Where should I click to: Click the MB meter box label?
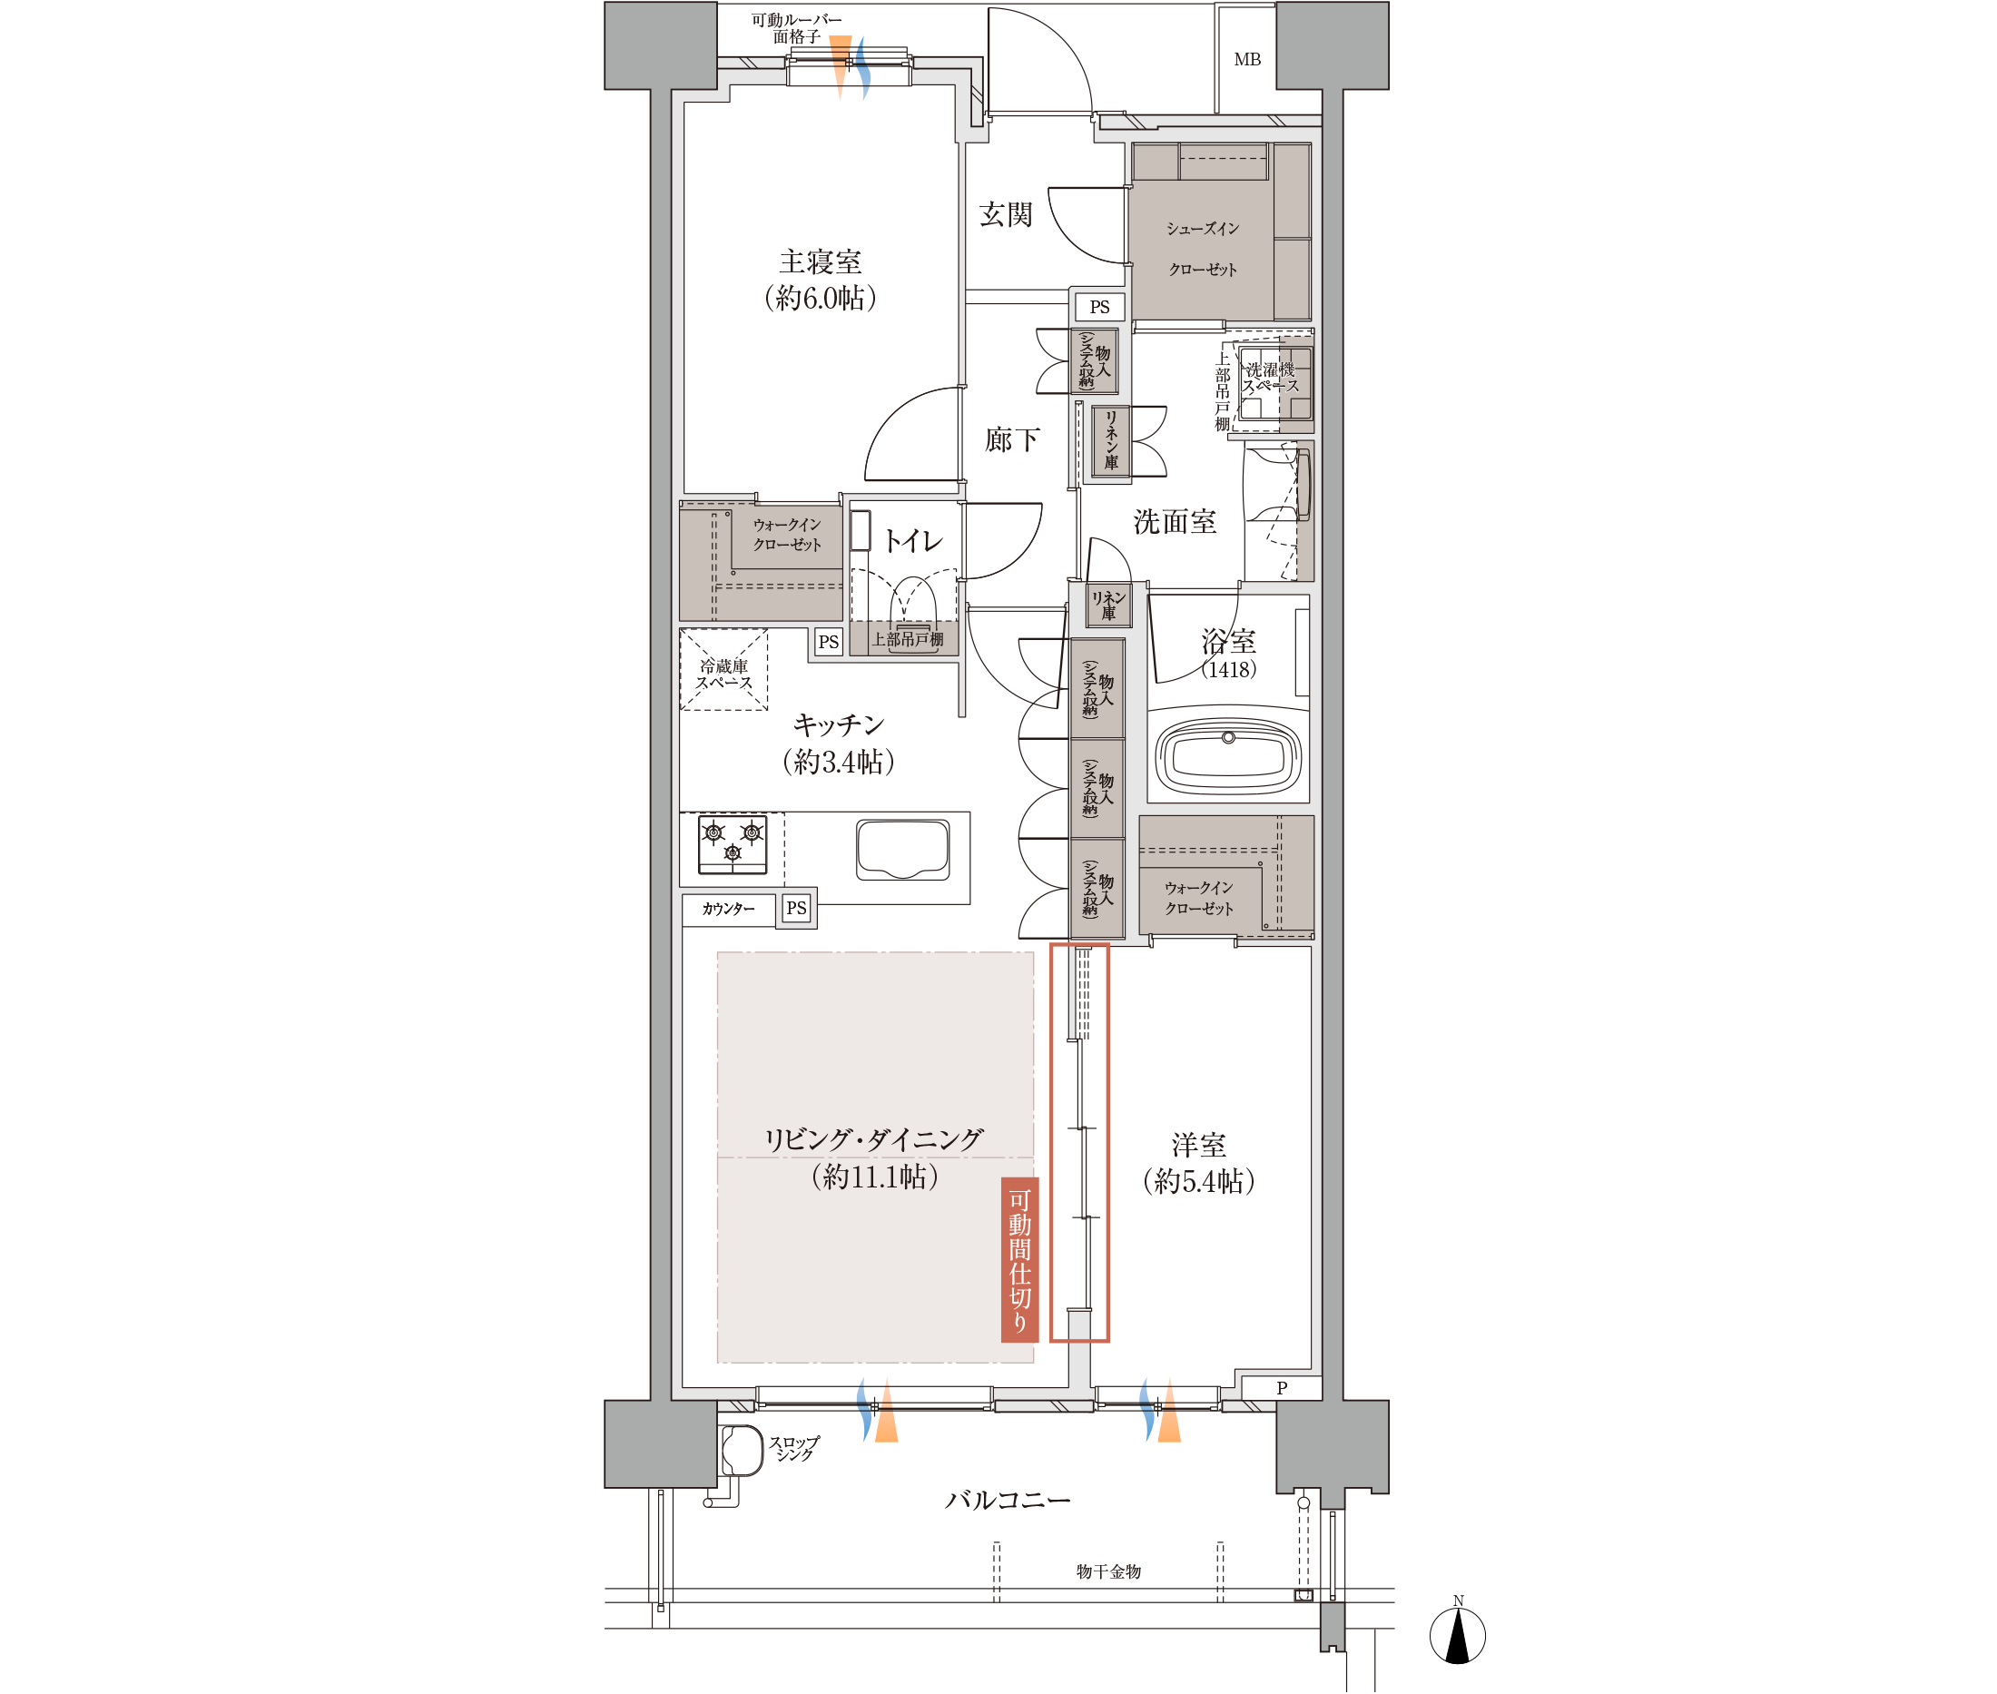click(1247, 60)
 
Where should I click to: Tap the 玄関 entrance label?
click(1005, 214)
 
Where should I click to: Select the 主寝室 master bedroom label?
click(820, 261)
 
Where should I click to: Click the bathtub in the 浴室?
click(1228, 754)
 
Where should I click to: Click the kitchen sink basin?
click(902, 849)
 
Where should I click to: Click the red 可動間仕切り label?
click(1019, 1259)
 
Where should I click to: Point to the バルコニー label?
click(1008, 1500)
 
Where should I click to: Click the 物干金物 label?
click(1108, 1572)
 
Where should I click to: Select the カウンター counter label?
click(728, 909)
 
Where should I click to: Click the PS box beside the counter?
click(797, 908)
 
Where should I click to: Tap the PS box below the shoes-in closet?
click(1099, 308)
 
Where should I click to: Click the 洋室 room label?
click(1198, 1145)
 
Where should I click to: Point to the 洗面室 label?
click(1175, 521)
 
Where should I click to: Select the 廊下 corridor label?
click(1012, 439)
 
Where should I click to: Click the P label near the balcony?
click(1282, 1389)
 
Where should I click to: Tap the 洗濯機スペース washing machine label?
click(1270, 378)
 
